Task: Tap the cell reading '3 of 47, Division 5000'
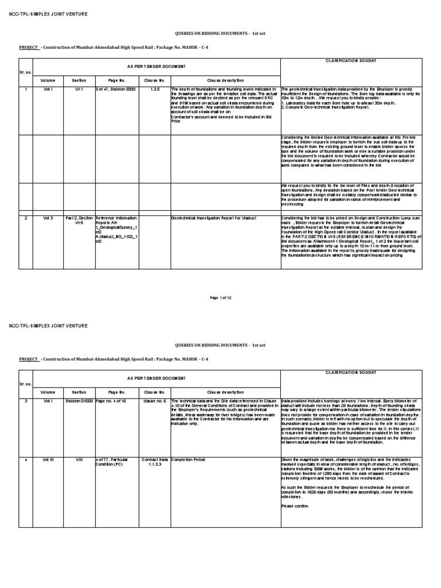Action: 115,90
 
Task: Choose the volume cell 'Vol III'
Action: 48,460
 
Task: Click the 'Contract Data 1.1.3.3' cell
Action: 154,463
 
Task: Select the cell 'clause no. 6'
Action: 154,401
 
